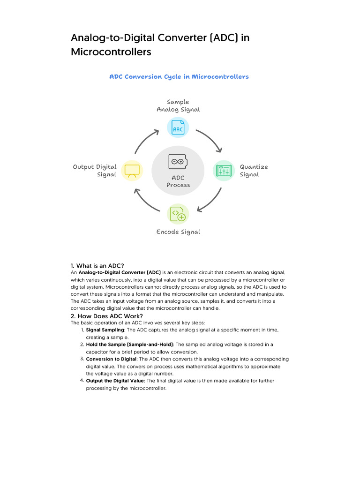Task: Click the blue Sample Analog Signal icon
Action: pyautogui.click(x=178, y=127)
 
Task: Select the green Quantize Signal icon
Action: pyautogui.click(x=224, y=171)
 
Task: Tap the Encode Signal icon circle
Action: pyautogui.click(x=178, y=214)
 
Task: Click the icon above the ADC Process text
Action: pyautogui.click(x=178, y=162)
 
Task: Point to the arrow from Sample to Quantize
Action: pyautogui.click(x=210, y=140)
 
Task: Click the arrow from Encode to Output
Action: pyautogui.click(x=146, y=201)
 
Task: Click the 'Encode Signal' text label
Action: pyautogui.click(x=178, y=232)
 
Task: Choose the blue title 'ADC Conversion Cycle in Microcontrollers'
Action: pyautogui.click(x=179, y=76)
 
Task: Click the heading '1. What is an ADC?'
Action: pyautogui.click(x=97, y=266)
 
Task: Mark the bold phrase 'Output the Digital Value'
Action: pyautogui.click(x=115, y=381)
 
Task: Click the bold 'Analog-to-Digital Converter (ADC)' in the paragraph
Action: pyautogui.click(x=120, y=272)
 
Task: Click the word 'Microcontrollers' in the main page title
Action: pyautogui.click(x=111, y=52)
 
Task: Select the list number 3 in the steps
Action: pyautogui.click(x=82, y=359)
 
